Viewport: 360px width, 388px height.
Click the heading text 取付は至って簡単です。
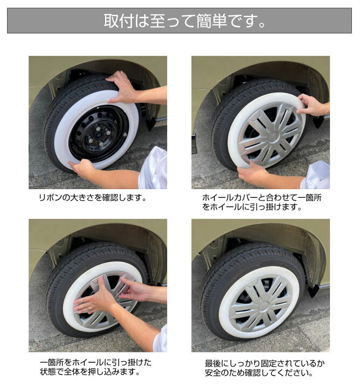(x=179, y=21)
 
